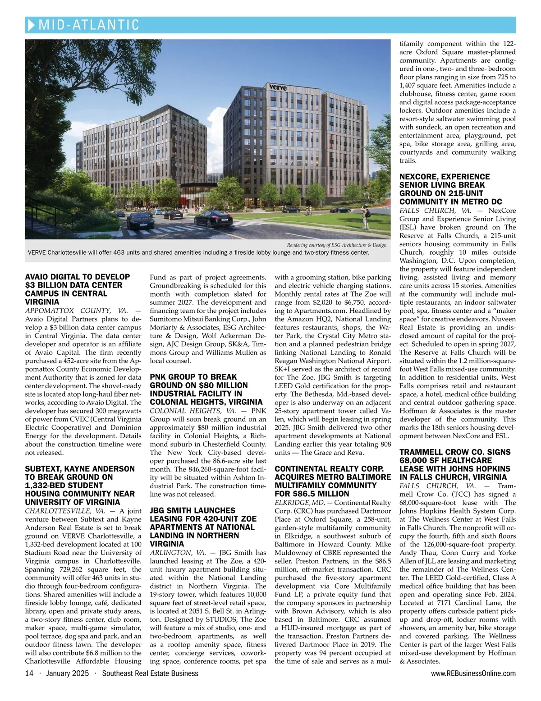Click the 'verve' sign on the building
coord(277,87)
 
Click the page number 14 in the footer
coord(29,674)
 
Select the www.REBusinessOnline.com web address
coord(473,674)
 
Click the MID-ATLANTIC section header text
coord(89,25)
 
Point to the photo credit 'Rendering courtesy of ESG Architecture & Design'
coord(336,245)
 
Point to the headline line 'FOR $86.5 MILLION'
coord(306,494)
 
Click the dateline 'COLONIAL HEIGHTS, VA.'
coord(193,411)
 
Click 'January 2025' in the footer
coord(67,674)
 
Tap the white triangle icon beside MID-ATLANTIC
coord(31,25)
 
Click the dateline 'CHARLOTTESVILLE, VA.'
coord(65,511)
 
